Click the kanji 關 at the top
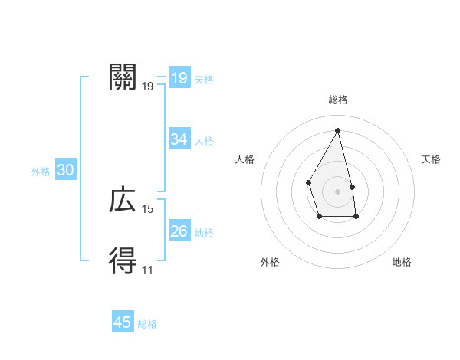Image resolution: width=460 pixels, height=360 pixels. pyautogui.click(x=123, y=77)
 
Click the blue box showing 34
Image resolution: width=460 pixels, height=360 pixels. pyautogui.click(x=179, y=139)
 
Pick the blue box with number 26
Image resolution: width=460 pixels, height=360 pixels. pyautogui.click(x=179, y=231)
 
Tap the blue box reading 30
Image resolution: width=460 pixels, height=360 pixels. pyautogui.click(x=66, y=170)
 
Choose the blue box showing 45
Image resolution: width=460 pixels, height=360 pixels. pyautogui.click(x=123, y=322)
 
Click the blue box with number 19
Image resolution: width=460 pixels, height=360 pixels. pyautogui.click(x=179, y=77)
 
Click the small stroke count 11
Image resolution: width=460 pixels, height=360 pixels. pyautogui.click(x=147, y=270)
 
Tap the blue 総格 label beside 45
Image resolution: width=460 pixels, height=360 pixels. pyautogui.click(x=147, y=324)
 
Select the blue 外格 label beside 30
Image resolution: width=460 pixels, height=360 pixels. pyautogui.click(x=41, y=172)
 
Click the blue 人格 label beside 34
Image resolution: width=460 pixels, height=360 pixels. pyautogui.click(x=205, y=141)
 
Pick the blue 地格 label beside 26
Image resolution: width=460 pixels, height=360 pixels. pyautogui.click(x=205, y=233)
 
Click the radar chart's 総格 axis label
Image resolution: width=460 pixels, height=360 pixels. pyautogui.click(x=338, y=100)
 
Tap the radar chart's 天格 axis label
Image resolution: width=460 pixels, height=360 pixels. pyautogui.click(x=432, y=159)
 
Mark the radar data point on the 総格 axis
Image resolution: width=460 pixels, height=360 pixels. pyautogui.click(x=338, y=129)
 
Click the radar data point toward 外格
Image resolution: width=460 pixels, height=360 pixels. pyautogui.click(x=319, y=217)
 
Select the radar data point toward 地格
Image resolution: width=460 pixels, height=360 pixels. pyautogui.click(x=356, y=217)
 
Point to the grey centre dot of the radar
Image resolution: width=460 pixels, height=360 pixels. pyautogui.click(x=338, y=191)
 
